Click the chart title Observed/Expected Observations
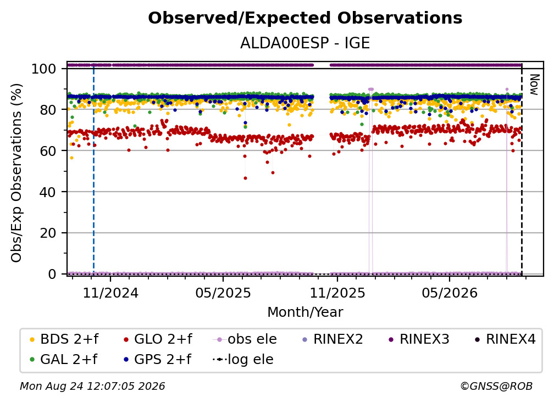coord(305,18)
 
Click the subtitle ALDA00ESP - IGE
coord(305,43)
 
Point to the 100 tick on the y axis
coord(44,69)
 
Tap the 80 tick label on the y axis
coord(48,110)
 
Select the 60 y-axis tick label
coord(48,151)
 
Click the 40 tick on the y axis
coord(48,192)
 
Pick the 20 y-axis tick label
coord(48,233)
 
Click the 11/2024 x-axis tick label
coord(110,293)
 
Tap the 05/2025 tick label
coord(223,293)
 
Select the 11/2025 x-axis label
coord(337,293)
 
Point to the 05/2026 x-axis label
coord(450,293)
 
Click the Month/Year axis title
coord(305,312)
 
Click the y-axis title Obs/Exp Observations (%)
coord(16,173)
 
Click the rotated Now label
coord(534,85)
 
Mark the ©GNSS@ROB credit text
coord(496,386)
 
